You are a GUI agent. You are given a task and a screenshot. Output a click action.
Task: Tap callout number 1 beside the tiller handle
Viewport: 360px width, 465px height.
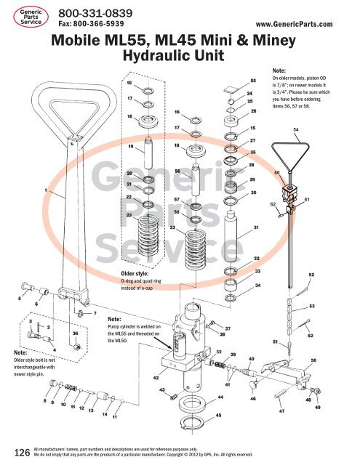coord(47,190)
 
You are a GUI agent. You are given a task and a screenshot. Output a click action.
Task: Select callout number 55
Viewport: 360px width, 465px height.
coord(252,81)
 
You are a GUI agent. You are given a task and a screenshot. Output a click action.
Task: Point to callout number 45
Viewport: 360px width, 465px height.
coord(219,415)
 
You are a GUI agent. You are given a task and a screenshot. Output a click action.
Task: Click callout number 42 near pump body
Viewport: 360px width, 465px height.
coord(156,378)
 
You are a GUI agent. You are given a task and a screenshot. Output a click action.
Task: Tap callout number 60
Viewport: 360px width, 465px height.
coord(277,172)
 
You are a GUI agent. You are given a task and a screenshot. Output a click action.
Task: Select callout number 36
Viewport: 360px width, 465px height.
coord(76,333)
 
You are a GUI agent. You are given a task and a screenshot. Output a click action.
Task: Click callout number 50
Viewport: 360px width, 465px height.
coord(313,360)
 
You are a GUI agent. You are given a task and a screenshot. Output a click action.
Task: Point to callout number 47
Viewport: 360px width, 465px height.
coord(281,411)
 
